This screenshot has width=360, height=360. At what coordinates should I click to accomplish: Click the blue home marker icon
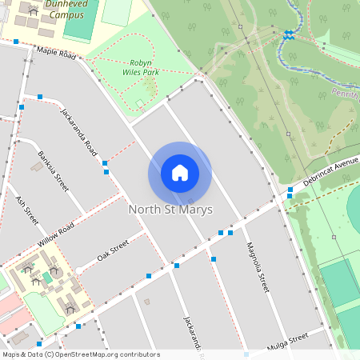180,173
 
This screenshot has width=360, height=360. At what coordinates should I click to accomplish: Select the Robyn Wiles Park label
139,67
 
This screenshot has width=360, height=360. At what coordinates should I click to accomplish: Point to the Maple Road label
56,54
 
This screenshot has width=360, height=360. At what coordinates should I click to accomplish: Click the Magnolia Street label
256,265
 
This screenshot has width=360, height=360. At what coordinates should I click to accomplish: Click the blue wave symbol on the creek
288,34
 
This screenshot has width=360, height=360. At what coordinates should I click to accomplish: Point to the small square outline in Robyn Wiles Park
140,102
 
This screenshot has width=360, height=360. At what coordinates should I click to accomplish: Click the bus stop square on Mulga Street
246,354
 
